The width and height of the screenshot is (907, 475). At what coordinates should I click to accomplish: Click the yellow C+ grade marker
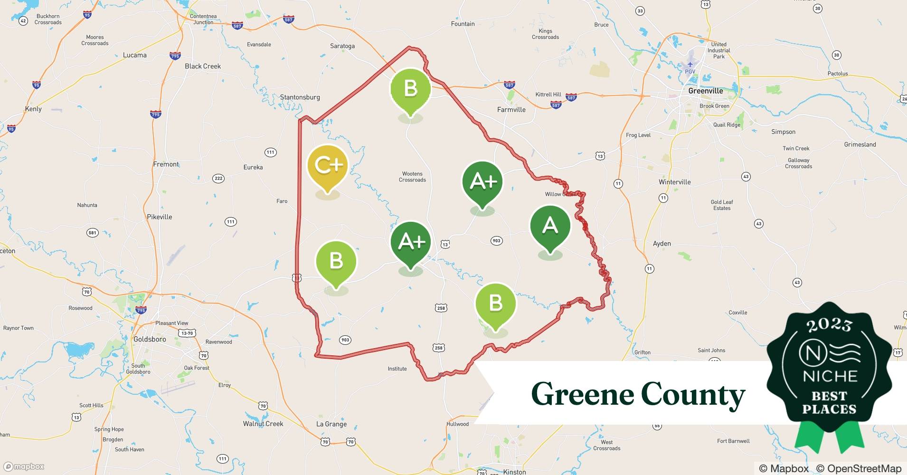coord(328,166)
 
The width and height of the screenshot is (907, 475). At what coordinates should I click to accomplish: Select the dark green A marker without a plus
coord(550,226)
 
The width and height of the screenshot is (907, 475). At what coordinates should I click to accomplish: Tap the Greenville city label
coord(705,91)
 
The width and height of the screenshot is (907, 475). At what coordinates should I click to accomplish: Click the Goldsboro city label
coord(150,339)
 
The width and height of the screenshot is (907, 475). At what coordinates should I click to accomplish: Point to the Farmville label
coord(511,109)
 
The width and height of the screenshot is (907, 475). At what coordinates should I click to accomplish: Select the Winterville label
coord(674,182)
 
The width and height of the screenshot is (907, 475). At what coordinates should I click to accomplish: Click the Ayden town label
coord(661,244)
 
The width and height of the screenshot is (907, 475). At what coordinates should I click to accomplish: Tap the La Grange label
coord(331,424)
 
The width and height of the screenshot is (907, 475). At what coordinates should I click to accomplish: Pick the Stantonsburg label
coord(300,97)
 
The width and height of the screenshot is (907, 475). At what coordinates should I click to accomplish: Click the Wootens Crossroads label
coord(412,177)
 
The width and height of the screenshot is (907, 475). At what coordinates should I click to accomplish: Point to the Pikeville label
coord(159,217)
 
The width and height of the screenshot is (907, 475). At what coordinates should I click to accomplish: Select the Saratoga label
coord(342,46)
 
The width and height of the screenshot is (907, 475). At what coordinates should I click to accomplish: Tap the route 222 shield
coord(218,179)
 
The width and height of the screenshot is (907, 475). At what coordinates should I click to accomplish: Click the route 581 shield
coord(92,233)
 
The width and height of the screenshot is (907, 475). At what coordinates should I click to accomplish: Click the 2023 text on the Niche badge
coord(829,325)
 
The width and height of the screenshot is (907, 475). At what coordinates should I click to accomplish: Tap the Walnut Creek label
coord(263,424)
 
